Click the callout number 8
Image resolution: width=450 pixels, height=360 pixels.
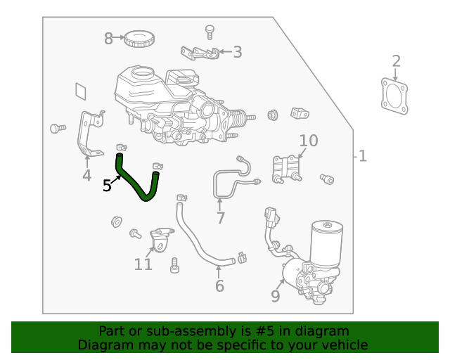[x=108, y=39]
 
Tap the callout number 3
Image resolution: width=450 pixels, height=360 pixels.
[x=237, y=51]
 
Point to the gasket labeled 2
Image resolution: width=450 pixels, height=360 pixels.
[x=394, y=96]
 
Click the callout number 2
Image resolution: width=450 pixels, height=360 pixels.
[x=396, y=61]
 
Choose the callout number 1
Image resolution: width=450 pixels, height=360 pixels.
[x=363, y=155]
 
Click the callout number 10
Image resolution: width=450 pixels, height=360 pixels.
[x=309, y=141]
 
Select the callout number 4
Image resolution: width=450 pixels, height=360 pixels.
[x=86, y=176]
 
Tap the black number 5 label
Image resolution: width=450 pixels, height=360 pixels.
[x=107, y=186]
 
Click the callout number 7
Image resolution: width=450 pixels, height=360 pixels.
[x=221, y=218]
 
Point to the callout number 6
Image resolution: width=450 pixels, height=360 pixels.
[x=219, y=285]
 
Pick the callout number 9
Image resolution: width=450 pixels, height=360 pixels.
[x=276, y=296]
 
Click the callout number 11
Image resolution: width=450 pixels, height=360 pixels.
[x=143, y=264]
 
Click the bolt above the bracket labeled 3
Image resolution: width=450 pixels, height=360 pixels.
[x=209, y=30]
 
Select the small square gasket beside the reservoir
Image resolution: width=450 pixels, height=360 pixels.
[x=82, y=91]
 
